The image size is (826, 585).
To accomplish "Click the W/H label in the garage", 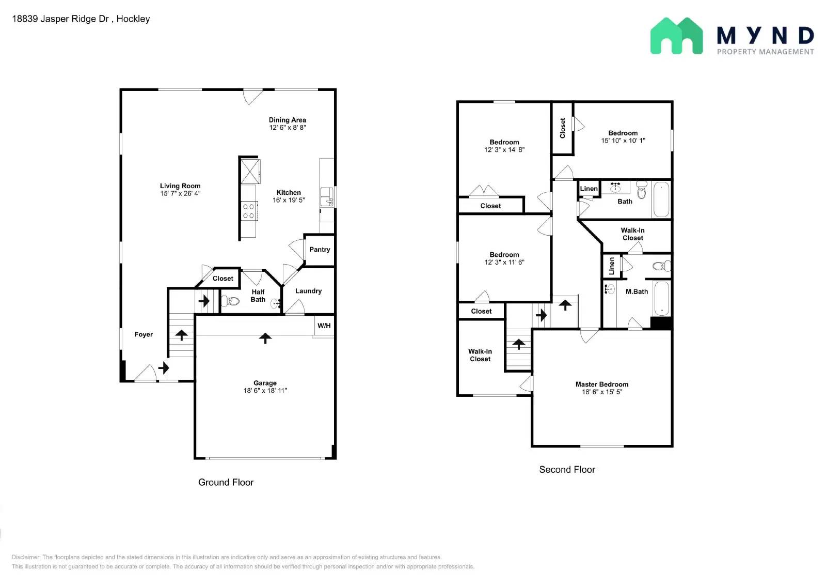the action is [324, 326].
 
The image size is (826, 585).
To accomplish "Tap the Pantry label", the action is [320, 250].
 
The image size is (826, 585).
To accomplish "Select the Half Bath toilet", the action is [230, 301].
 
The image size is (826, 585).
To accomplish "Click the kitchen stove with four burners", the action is [249, 211].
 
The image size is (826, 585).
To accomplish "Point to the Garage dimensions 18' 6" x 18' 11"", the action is [265, 391].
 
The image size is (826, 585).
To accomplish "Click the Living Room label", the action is [180, 186].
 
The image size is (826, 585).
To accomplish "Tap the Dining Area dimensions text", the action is [288, 128].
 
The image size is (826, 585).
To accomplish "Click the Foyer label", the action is [144, 334].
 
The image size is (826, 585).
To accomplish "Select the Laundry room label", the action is [309, 291].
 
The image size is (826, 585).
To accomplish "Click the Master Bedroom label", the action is [602, 384].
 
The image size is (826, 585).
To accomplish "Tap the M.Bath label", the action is [637, 291].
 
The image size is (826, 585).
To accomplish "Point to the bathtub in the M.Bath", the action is [662, 298].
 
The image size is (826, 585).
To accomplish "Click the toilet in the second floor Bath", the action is [642, 190].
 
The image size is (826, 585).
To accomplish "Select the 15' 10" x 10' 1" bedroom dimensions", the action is [623, 141].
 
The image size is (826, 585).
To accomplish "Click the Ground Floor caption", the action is [226, 482].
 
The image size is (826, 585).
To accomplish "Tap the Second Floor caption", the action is [567, 469].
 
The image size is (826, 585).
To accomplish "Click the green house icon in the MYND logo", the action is [677, 36].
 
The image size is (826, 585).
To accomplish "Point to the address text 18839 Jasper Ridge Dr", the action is [60, 19].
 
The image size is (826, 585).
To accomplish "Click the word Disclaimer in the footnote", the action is [25, 557].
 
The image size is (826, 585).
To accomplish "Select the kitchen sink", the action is [327, 196].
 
